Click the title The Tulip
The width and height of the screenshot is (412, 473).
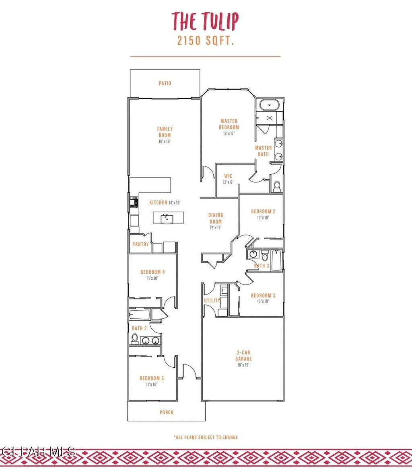click(x=205, y=21)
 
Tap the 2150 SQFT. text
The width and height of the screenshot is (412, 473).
click(x=205, y=41)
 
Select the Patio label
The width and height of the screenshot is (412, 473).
click(x=165, y=84)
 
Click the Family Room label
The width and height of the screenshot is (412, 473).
click(x=165, y=132)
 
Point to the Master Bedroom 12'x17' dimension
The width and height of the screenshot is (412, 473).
click(x=229, y=134)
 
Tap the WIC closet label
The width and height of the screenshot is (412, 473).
click(x=228, y=176)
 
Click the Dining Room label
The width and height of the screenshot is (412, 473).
click(x=216, y=218)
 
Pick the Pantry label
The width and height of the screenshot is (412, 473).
click(x=140, y=244)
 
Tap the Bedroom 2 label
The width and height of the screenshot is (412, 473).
click(x=263, y=211)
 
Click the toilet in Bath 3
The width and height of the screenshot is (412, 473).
click(x=265, y=256)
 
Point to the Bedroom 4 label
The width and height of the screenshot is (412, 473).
click(x=152, y=272)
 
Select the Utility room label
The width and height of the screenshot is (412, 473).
click(x=212, y=301)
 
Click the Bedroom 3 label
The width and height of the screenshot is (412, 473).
click(x=263, y=296)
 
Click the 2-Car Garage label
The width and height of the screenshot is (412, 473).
click(x=244, y=355)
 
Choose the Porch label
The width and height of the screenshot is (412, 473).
click(x=166, y=412)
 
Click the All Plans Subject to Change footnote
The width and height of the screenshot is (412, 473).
click(x=206, y=437)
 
